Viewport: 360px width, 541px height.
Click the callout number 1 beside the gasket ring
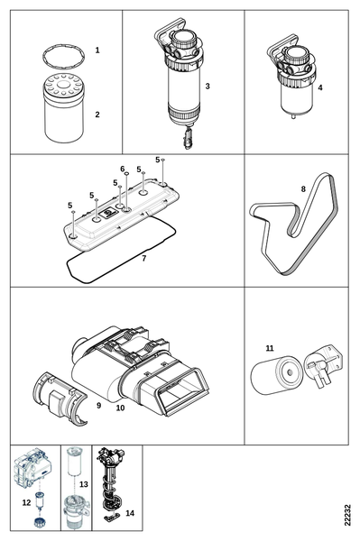click(97, 50)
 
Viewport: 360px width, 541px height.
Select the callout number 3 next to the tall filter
click(208, 86)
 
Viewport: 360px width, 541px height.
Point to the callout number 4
click(320, 87)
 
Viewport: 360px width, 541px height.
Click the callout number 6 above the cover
click(123, 169)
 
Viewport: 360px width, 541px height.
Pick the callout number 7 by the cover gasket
click(144, 258)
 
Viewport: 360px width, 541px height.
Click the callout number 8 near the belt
click(303, 189)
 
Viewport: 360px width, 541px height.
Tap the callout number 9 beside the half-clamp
click(98, 406)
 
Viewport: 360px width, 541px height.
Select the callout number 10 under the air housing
click(120, 408)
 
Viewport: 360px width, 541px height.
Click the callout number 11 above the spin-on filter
click(270, 348)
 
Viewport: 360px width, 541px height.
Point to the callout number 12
click(26, 502)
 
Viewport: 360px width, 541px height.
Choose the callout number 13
click(84, 484)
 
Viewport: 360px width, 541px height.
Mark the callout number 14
click(130, 513)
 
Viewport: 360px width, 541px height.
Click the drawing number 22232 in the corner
click(348, 515)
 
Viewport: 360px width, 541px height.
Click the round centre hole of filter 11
click(290, 372)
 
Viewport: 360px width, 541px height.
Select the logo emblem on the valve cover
click(106, 213)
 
